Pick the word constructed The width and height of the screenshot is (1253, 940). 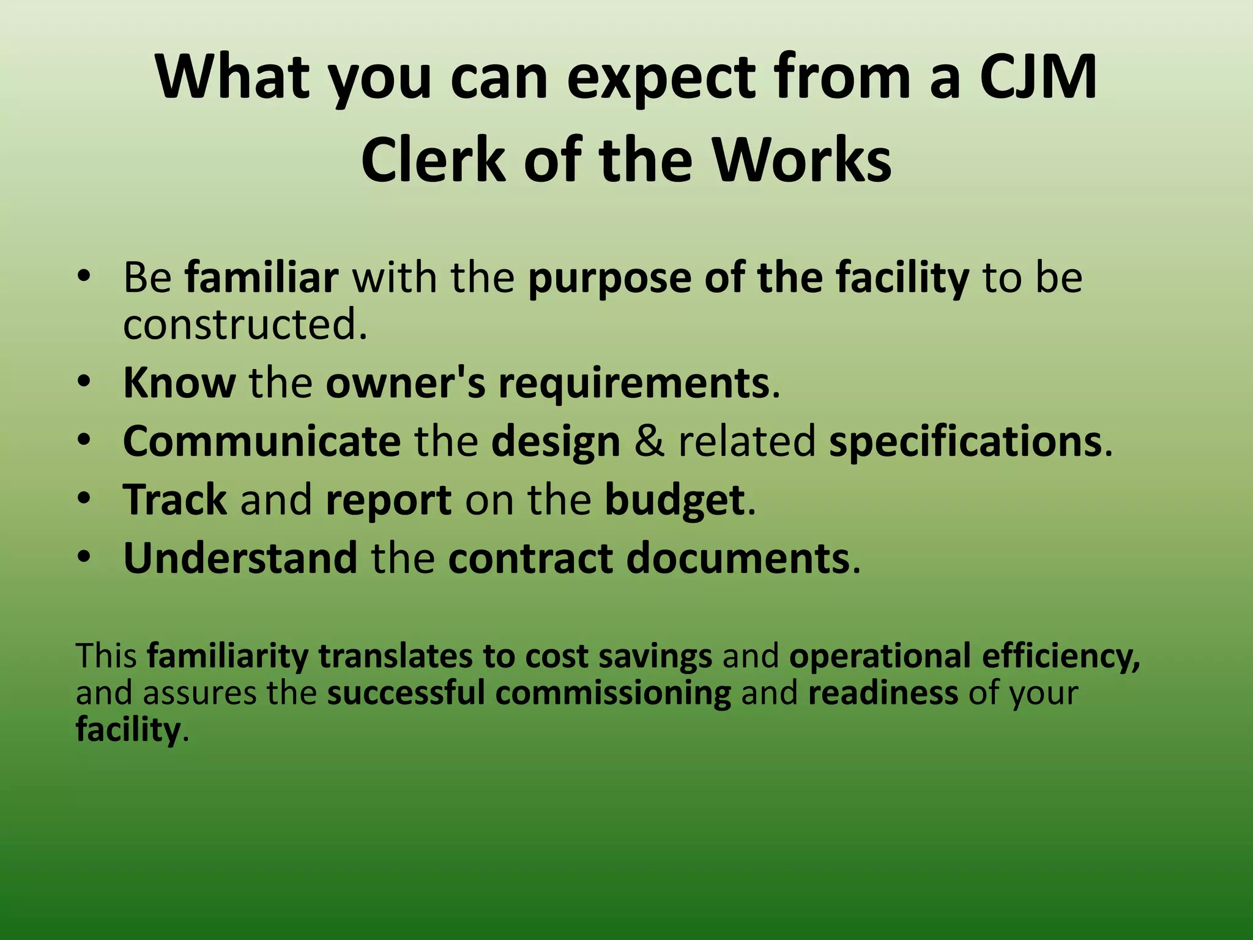pos(245,324)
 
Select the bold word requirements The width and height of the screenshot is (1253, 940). pos(633,384)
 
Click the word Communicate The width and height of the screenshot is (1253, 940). pos(262,441)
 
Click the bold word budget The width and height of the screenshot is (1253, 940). pos(675,501)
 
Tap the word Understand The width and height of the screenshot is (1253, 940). pos(240,558)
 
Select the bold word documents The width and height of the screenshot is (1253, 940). pos(738,558)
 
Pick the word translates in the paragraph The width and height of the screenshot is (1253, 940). pos(395,656)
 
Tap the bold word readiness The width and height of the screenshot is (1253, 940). pos(883,693)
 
